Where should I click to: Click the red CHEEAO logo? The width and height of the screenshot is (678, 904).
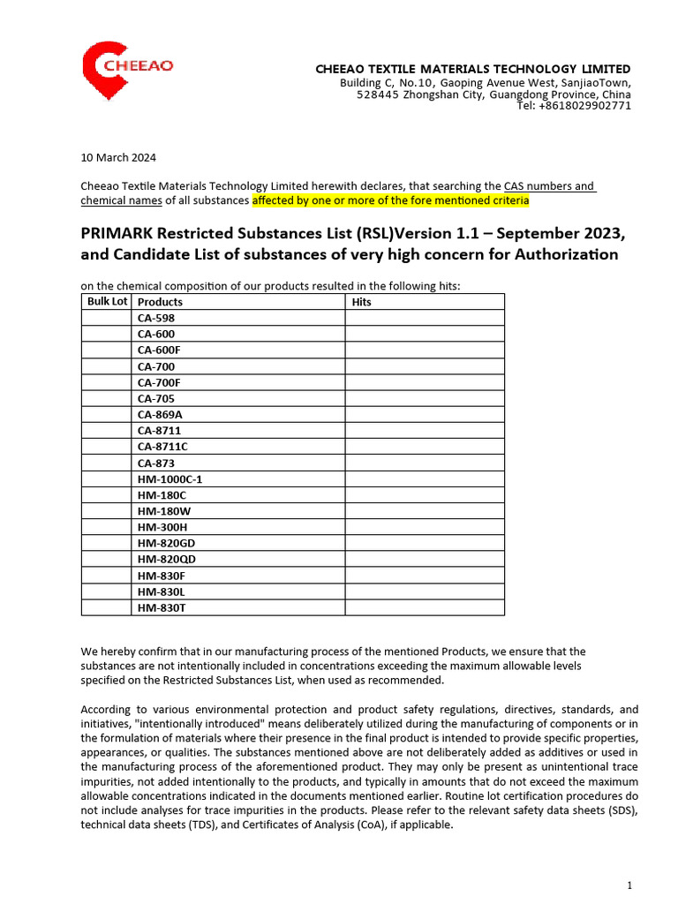(x=127, y=69)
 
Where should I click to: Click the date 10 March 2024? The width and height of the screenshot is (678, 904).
(x=118, y=158)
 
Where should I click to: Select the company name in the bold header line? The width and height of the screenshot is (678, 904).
(x=473, y=69)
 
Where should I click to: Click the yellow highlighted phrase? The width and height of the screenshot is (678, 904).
(x=390, y=200)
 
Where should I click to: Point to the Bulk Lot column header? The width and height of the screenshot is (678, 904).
(x=107, y=302)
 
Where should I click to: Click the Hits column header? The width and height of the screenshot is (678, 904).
(x=361, y=302)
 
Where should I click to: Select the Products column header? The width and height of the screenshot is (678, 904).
(x=161, y=302)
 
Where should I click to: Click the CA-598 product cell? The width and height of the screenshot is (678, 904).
(x=156, y=318)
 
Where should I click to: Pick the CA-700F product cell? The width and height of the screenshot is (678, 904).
(x=159, y=382)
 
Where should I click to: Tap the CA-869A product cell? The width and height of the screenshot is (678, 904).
(x=160, y=414)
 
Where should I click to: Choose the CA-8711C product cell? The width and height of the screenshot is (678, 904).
(x=162, y=447)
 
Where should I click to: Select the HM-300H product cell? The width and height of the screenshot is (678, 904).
(x=162, y=527)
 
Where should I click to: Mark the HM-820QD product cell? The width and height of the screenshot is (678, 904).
(x=167, y=560)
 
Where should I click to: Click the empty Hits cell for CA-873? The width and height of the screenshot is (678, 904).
(x=424, y=463)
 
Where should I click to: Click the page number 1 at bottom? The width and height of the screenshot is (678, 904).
(x=629, y=885)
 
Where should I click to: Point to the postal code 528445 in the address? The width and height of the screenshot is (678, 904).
(x=377, y=94)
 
